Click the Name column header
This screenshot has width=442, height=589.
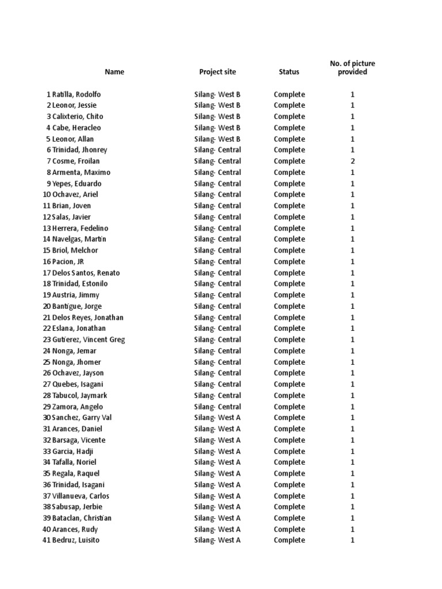[115, 72]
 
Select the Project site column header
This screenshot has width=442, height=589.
[218, 72]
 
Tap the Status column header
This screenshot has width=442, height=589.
[289, 72]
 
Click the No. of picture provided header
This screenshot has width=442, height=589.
[352, 68]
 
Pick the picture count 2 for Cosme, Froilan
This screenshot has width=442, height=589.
[353, 161]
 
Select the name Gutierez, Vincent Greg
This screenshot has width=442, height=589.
[88, 339]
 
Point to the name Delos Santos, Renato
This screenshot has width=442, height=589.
[86, 273]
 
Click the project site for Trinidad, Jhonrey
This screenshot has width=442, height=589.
[218, 150]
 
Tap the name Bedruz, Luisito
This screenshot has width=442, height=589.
[75, 540]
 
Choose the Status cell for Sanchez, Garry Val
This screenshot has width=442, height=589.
[289, 418]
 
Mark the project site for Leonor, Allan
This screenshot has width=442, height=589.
[218, 139]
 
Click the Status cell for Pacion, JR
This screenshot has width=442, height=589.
[289, 262]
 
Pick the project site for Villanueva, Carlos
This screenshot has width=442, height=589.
[218, 496]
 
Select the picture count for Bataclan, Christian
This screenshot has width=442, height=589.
[353, 518]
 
